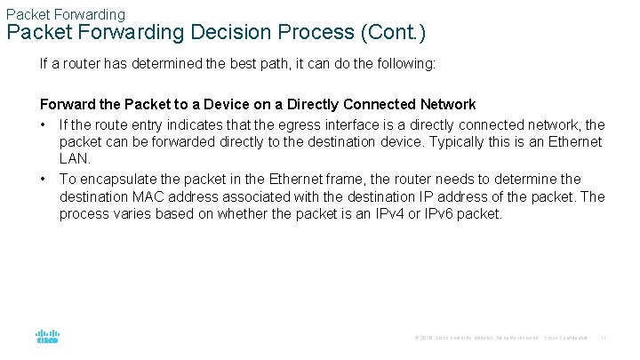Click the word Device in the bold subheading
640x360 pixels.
(209, 105)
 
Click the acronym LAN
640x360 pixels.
(75, 159)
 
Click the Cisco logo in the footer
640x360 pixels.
(47, 337)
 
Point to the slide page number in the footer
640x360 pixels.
(604, 338)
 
